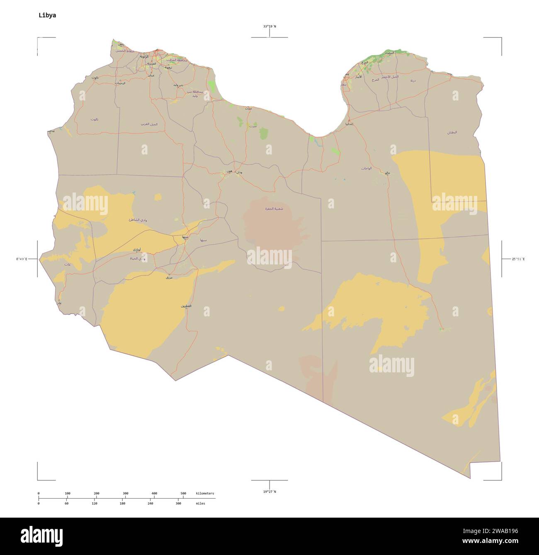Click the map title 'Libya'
[x=47, y=15]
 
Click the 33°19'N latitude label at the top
[x=269, y=27]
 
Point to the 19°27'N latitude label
[x=269, y=491]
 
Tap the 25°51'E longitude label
[x=518, y=259]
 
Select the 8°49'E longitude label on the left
[x=22, y=259]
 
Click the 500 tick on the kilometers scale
[x=183, y=493]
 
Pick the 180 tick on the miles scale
[x=122, y=503]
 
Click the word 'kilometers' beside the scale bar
[x=205, y=493]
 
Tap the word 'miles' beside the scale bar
[x=200, y=503]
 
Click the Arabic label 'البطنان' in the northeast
[x=452, y=132]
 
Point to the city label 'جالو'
[x=388, y=173]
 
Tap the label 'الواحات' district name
[x=366, y=168]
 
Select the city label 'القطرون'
[x=186, y=306]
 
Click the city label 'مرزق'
[x=169, y=277]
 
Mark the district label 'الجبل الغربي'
[x=149, y=124]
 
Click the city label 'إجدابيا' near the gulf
[x=350, y=124]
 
